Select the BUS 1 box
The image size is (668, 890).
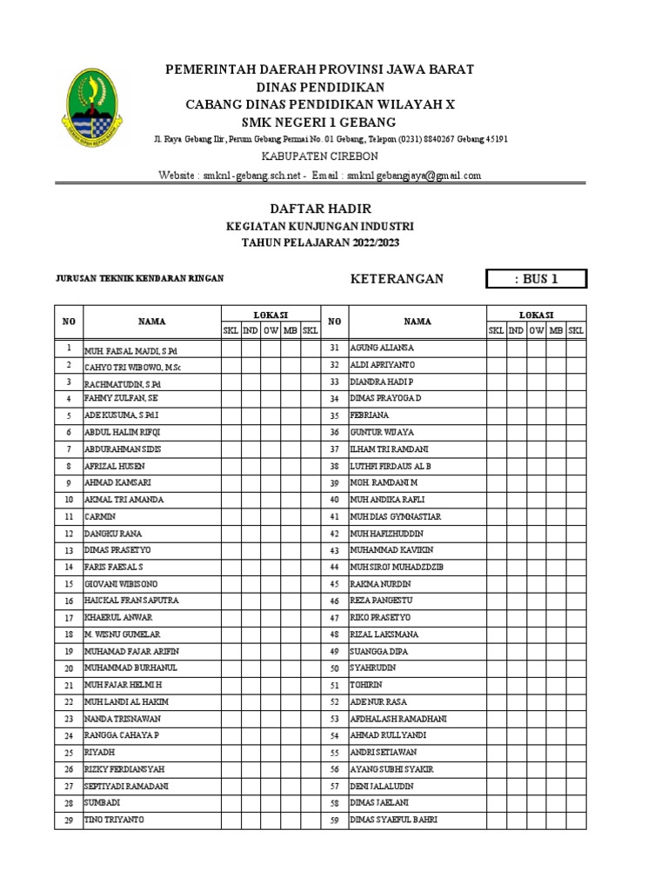tap(536, 279)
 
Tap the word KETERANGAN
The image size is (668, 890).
tap(397, 279)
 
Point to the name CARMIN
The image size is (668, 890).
tap(99, 516)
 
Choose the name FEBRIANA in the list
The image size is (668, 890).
tap(369, 415)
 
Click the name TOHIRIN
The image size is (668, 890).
tap(366, 685)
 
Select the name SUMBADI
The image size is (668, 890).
tap(101, 803)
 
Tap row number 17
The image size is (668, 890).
tap(68, 617)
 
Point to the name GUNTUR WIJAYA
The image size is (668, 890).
tap(382, 432)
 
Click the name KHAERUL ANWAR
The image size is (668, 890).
tap(117, 617)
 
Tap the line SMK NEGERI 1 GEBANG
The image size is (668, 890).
tap(319, 121)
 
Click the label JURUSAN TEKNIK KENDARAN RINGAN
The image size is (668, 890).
tap(139, 278)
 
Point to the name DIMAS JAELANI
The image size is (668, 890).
tap(379, 803)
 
